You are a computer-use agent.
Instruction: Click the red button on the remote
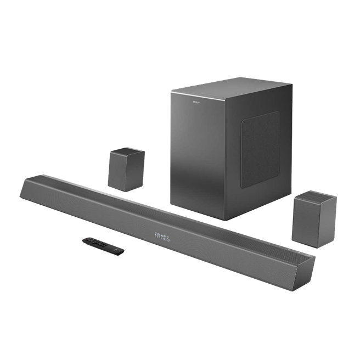click(x=87, y=239)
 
